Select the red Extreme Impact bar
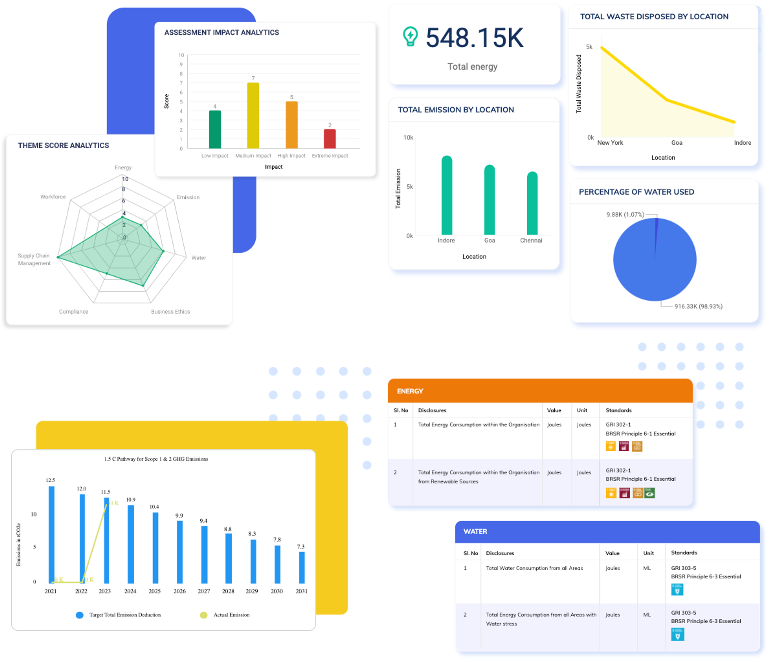pos(329,139)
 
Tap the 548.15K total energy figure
pos(475,38)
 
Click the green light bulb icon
pos(410,36)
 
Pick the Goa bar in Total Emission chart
pos(489,200)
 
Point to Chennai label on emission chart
pos(531,240)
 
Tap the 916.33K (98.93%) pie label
pos(698,306)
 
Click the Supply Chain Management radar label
pos(34,259)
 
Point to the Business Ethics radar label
pos(170,311)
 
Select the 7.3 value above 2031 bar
pos(301,546)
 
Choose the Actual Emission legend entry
pos(231,615)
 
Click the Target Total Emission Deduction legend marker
pos(79,615)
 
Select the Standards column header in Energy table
pos(618,410)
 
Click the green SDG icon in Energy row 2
pos(649,493)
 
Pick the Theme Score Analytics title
pos(63,145)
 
